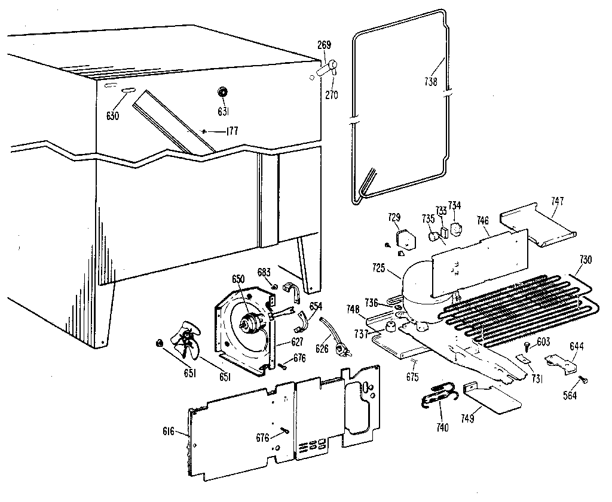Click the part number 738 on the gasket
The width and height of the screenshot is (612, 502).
click(x=430, y=82)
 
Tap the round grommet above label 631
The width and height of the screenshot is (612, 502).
click(x=222, y=91)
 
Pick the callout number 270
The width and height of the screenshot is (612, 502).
click(x=332, y=94)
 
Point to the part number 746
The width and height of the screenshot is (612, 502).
click(x=483, y=220)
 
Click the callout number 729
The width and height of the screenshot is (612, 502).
click(x=394, y=217)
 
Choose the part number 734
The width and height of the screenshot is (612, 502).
click(x=455, y=206)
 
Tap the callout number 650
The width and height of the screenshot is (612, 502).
click(x=238, y=279)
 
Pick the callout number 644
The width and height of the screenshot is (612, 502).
click(x=576, y=346)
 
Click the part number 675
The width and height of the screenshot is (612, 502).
click(x=412, y=377)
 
